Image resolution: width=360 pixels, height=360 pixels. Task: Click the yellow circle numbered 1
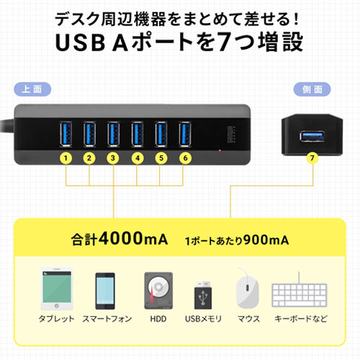(x=66, y=158)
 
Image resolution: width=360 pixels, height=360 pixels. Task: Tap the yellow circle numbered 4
(x=138, y=158)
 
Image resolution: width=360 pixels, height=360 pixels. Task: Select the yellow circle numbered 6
(x=185, y=158)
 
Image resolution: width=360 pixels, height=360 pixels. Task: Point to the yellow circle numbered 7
(x=312, y=158)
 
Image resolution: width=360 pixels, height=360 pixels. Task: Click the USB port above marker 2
(x=89, y=134)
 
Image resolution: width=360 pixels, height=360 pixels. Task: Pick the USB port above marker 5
(x=161, y=134)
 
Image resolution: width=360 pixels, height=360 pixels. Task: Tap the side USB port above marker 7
(x=312, y=136)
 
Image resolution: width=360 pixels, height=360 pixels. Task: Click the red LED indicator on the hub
(x=220, y=150)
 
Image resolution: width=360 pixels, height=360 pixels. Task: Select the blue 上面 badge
(x=32, y=89)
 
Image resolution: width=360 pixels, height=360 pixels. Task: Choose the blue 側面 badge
(x=312, y=89)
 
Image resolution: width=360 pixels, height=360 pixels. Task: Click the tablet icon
(x=57, y=289)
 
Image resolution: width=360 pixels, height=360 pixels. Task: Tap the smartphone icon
(x=105, y=291)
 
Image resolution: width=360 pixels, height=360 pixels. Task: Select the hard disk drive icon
(x=158, y=291)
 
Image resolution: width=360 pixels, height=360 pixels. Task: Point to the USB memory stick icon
(x=203, y=295)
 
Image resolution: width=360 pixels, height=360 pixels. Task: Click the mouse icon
(x=247, y=288)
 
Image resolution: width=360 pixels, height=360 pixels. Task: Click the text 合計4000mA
(x=120, y=238)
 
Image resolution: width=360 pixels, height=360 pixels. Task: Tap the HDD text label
(x=158, y=319)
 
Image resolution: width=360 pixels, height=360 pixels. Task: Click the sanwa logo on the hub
(x=231, y=135)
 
